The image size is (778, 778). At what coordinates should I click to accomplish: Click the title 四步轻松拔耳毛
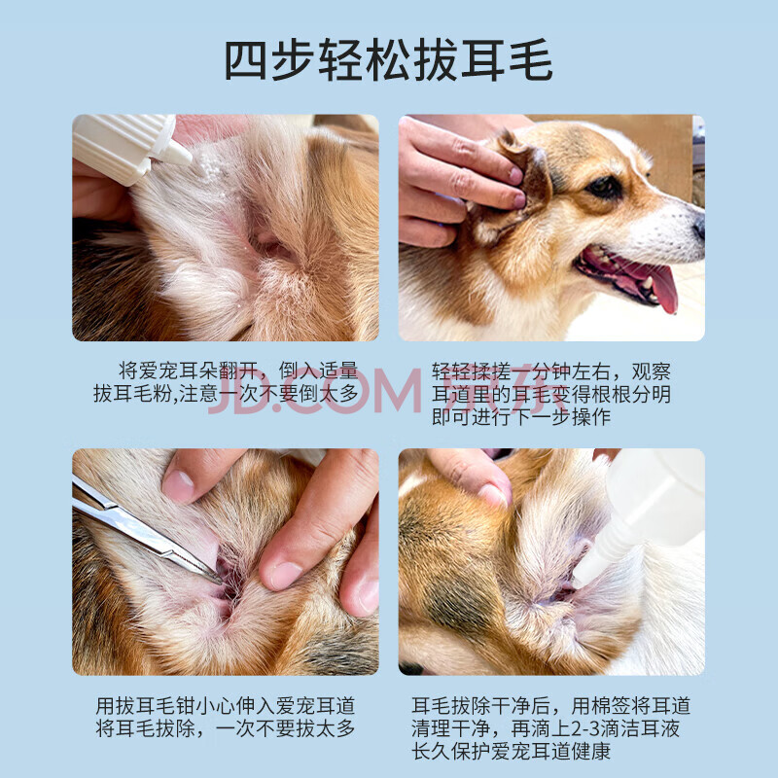[x=388, y=60]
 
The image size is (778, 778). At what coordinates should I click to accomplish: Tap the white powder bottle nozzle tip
[x=188, y=159]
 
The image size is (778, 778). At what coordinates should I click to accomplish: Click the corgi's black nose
[x=699, y=228]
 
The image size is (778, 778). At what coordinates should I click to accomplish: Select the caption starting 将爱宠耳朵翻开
[x=227, y=382]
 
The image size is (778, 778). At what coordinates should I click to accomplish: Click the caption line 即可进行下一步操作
[x=520, y=417]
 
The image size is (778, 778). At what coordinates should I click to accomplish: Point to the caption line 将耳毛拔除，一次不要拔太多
[x=226, y=728]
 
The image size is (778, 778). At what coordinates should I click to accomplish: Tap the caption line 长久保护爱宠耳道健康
[x=511, y=751]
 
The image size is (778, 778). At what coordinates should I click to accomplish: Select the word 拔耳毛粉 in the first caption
[x=132, y=394]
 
